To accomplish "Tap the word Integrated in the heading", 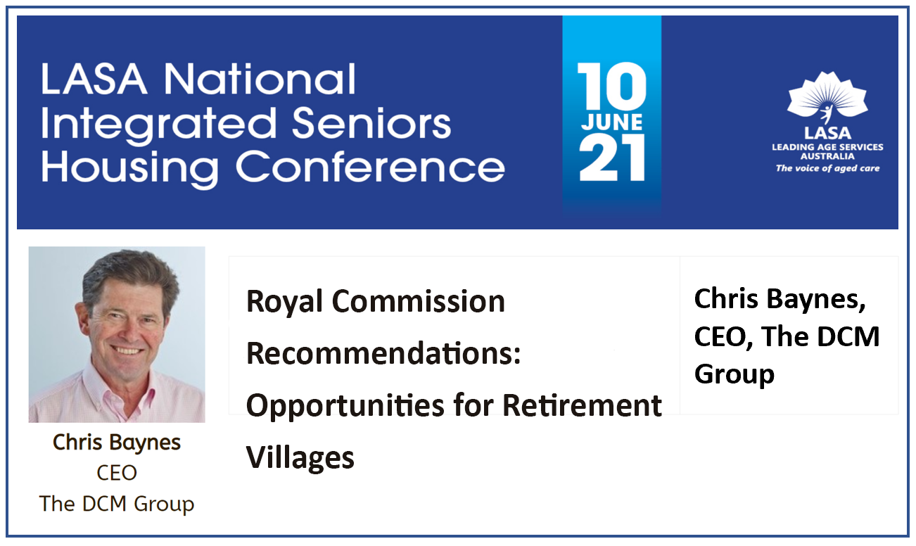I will pos(158,124).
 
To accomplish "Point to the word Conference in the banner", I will pos(370,167).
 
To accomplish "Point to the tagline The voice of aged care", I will pos(827,169).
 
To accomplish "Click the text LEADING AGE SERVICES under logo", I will pos(827,146).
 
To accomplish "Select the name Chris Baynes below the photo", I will pos(117,443).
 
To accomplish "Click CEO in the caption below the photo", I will pos(117,473).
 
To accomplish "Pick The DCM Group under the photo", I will pos(117,504).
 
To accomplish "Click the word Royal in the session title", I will pos(284,302).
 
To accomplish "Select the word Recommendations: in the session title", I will pos(383,353).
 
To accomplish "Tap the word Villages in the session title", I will pos(300,458).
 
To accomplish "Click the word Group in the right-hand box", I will pos(734,373).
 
